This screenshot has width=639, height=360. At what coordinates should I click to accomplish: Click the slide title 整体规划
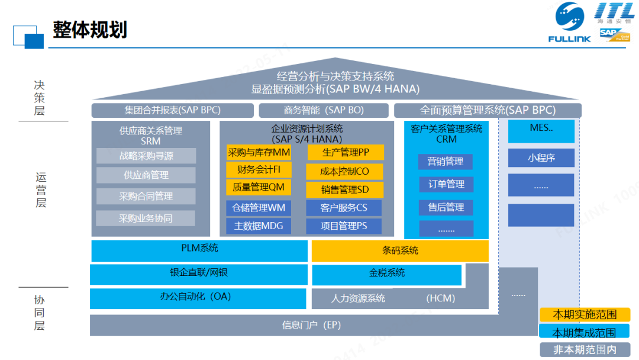(x=90, y=30)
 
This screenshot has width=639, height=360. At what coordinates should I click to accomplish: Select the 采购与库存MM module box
(x=259, y=152)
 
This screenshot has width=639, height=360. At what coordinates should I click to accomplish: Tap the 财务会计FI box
(x=259, y=170)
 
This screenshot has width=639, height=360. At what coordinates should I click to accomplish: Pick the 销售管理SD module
(x=344, y=189)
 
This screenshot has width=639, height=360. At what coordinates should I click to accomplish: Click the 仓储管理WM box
(x=259, y=208)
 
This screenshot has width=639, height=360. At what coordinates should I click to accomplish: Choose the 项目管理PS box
(x=344, y=226)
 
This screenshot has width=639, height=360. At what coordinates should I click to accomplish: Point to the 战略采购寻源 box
(x=146, y=156)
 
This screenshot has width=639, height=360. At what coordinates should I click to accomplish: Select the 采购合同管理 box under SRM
(x=146, y=196)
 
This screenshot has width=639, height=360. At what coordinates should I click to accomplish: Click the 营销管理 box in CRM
(x=446, y=162)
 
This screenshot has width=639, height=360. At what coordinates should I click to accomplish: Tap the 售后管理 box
(x=446, y=207)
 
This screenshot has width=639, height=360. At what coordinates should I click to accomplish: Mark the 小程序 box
(x=541, y=158)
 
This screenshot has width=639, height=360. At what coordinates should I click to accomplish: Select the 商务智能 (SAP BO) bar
(x=324, y=110)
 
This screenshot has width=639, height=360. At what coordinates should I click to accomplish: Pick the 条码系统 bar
(x=400, y=250)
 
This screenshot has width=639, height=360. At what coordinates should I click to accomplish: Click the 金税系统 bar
(x=387, y=274)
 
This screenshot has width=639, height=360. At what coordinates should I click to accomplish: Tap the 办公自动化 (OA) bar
(x=199, y=297)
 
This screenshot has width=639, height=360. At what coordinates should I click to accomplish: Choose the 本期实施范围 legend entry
(x=585, y=314)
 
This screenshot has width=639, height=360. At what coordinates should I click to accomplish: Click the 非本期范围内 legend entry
(x=585, y=350)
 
